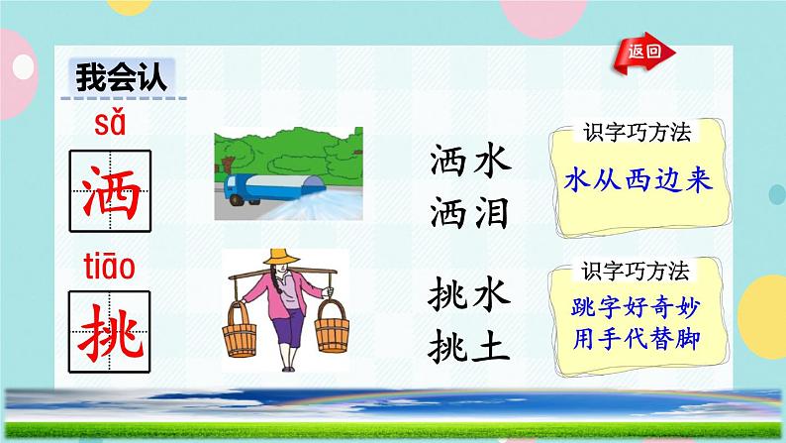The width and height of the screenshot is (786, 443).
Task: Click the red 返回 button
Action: click(638, 53)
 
